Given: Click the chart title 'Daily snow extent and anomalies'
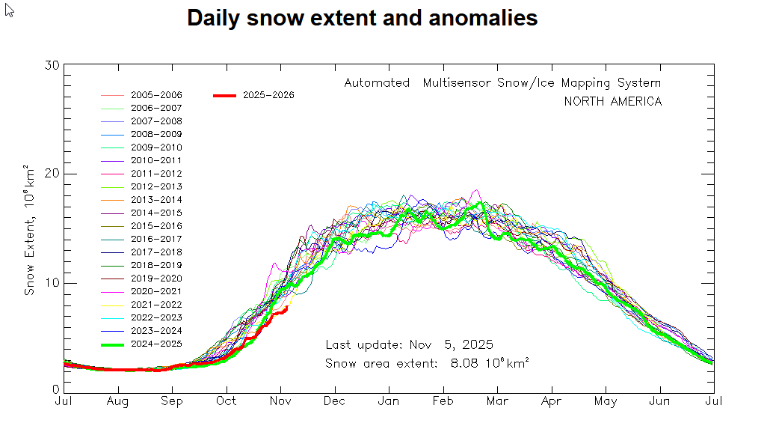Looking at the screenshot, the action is point(362,18).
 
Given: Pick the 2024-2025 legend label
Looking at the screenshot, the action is point(156,344).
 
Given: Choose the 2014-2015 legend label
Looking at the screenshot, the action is point(156,213).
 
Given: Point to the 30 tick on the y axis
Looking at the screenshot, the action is point(52,66).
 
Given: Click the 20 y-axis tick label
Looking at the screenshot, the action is point(52,174).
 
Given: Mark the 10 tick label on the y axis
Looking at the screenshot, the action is point(52,283).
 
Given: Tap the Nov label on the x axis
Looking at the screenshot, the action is point(280,401).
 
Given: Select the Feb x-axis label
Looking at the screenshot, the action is point(443,401).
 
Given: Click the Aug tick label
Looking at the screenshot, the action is point(117,401).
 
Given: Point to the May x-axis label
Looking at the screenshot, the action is point(606,401).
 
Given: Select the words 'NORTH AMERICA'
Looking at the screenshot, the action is point(613,101).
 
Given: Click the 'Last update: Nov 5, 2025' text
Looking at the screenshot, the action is point(409,344).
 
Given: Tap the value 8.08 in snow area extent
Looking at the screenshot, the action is point(464,363).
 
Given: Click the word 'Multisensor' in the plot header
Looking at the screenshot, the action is point(458,82).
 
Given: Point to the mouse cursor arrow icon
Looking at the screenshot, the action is point(10,10).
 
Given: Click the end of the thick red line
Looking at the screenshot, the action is point(287,307).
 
